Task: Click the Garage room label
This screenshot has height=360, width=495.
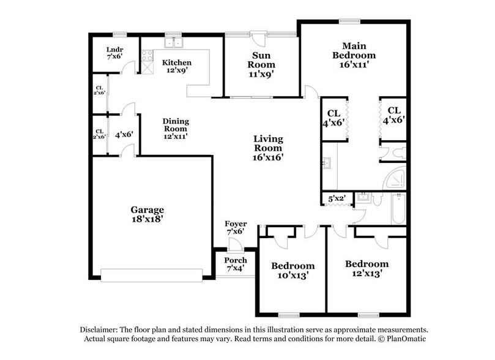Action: [x=147, y=214]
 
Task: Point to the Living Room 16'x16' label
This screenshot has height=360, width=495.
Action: [x=269, y=148]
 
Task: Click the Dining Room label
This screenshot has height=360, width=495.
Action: [x=176, y=129]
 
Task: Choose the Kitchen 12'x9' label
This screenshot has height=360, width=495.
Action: [x=176, y=66]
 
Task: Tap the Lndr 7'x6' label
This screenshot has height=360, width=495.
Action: [x=114, y=52]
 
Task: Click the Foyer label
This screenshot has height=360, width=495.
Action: [x=236, y=227]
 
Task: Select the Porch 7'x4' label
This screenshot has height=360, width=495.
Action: [x=236, y=264]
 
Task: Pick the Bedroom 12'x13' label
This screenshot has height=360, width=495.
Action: [x=367, y=269]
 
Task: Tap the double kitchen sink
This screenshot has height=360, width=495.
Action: [x=175, y=43]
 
